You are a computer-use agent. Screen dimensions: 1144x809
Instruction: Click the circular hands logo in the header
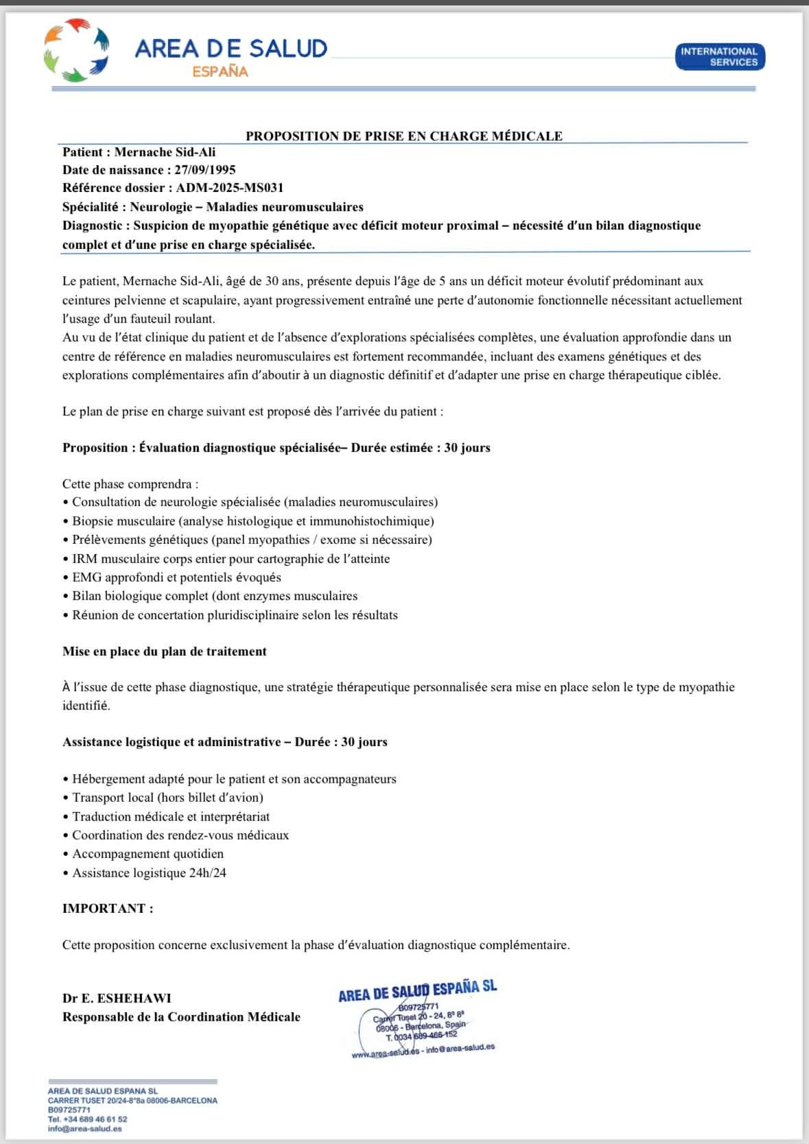pyautogui.click(x=77, y=49)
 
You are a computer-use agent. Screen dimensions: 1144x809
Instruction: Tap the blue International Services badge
pyautogui.click(x=719, y=57)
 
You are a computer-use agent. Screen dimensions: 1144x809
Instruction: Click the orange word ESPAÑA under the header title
pyautogui.click(x=220, y=72)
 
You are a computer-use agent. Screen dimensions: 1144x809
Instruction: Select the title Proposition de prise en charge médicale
pyautogui.click(x=403, y=136)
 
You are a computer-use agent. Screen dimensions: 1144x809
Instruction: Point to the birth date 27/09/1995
pyautogui.click(x=204, y=169)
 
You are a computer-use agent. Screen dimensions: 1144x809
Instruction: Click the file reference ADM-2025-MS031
pyautogui.click(x=229, y=188)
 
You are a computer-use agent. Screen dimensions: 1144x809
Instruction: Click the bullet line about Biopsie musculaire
pyautogui.click(x=253, y=521)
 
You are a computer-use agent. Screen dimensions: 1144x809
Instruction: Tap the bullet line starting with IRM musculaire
pyautogui.click(x=231, y=559)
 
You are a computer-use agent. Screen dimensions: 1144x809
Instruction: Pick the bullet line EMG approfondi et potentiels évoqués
pyautogui.click(x=176, y=577)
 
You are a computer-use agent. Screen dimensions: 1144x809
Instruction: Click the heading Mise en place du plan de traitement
pyautogui.click(x=165, y=652)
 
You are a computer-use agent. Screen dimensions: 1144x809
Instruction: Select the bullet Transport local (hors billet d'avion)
pyautogui.click(x=167, y=798)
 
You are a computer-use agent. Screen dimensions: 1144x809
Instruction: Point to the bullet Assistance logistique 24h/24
pyautogui.click(x=149, y=873)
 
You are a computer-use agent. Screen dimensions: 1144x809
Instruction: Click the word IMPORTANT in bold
pyautogui.click(x=104, y=909)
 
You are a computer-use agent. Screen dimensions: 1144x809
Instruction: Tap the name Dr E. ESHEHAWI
pyautogui.click(x=117, y=998)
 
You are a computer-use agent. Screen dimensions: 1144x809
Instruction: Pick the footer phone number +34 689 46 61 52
pyautogui.click(x=87, y=1119)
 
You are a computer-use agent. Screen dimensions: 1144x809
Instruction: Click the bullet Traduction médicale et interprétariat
pyautogui.click(x=171, y=817)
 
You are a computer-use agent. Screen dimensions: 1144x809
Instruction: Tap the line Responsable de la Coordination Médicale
pyautogui.click(x=181, y=1017)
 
